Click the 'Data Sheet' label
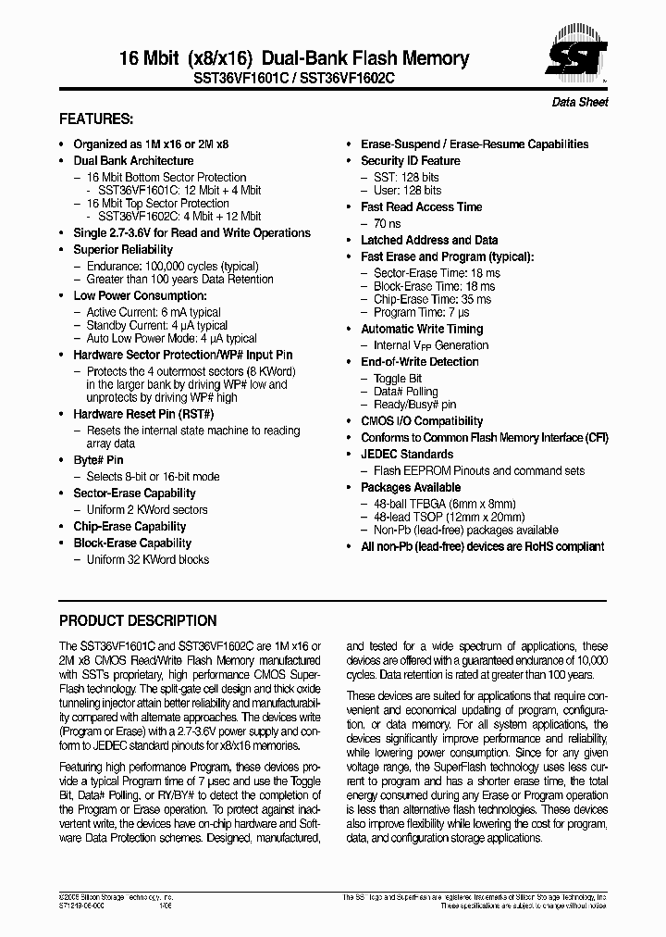pyautogui.click(x=580, y=102)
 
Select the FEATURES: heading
pyautogui.click(x=96, y=119)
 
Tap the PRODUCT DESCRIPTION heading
pyautogui.click(x=138, y=620)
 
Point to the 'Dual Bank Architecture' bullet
pyautogui.click(x=133, y=160)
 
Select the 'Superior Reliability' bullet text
pyautogui.click(x=123, y=249)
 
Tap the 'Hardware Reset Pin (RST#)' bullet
pyautogui.click(x=143, y=414)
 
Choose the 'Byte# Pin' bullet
pyautogui.click(x=98, y=459)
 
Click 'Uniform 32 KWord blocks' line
pyautogui.click(x=148, y=559)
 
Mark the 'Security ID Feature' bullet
pyautogui.click(x=410, y=160)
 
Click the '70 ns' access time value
pyautogui.click(x=388, y=223)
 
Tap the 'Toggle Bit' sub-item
pyautogui.click(x=398, y=379)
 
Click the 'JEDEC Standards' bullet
pyautogui.click(x=407, y=454)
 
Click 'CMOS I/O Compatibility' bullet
pyautogui.click(x=422, y=420)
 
